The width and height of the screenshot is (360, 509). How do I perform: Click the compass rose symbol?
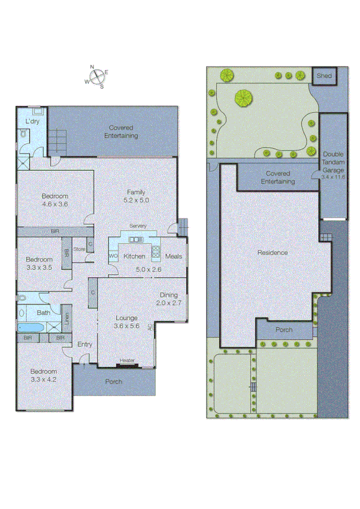coord(97,76)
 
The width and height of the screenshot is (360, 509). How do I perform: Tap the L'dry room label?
coord(32,122)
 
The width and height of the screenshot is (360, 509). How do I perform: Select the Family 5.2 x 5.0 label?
coord(135,195)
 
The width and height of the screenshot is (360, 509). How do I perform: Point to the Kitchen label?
coord(134,256)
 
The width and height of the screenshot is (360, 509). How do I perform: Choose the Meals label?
coord(173,256)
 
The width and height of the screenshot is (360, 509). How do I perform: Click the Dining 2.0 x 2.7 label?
coord(170,299)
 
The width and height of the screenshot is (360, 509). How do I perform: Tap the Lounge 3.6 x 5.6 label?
coord(126,321)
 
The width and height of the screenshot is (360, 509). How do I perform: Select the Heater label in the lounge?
coord(127,361)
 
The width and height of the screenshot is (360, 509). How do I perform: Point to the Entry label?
coord(85,344)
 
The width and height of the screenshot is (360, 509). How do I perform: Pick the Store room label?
coord(79,248)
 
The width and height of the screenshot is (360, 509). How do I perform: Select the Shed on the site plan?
coord(325,76)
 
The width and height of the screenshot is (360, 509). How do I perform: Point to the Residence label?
coord(273,253)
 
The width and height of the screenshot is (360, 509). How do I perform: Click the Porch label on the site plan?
coord(284,330)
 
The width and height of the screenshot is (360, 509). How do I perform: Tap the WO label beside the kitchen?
coord(113,257)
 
